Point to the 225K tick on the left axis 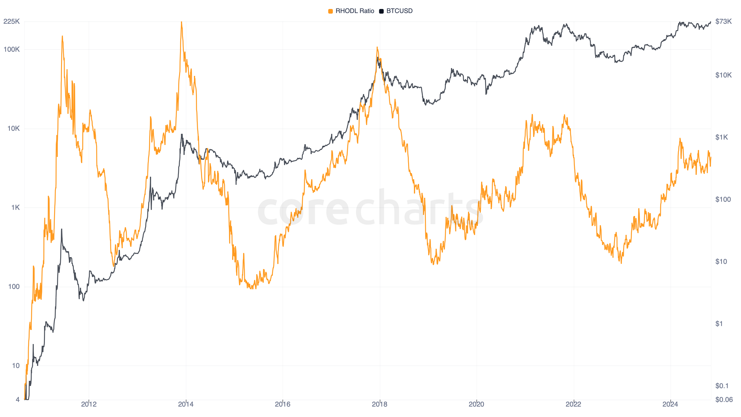tap(12, 21)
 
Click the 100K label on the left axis tap(12, 50)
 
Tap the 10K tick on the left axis tap(13, 129)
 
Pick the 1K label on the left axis tap(15, 208)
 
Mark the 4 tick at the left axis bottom tap(18, 400)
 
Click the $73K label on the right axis tap(723, 21)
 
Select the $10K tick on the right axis tap(723, 75)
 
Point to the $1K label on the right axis tap(721, 137)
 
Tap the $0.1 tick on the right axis tap(722, 386)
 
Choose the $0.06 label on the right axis tap(724, 400)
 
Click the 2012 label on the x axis tap(89, 404)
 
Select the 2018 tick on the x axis tap(379, 404)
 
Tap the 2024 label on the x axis tap(670, 404)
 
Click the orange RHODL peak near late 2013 tap(181, 22)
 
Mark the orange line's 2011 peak tap(62, 36)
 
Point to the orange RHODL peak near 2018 tap(377, 47)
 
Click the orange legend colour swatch tap(331, 11)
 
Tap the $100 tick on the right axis tap(723, 200)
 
